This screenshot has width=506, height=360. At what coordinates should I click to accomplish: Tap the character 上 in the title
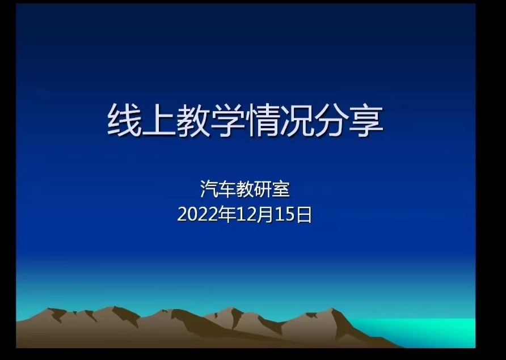[159, 120]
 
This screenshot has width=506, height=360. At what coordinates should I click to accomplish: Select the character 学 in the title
[228, 120]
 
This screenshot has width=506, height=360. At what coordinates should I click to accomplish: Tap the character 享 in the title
[366, 120]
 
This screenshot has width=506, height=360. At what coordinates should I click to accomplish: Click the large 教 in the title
[193, 120]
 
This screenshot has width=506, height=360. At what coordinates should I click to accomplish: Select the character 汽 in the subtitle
[209, 189]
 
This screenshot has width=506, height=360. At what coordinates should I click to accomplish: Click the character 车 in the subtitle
[227, 189]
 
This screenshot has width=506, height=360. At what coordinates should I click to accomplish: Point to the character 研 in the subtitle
[263, 189]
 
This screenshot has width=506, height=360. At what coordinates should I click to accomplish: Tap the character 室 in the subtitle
[281, 189]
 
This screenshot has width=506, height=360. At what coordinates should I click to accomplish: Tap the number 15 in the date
[285, 214]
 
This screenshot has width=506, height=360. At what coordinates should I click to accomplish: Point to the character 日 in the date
[303, 214]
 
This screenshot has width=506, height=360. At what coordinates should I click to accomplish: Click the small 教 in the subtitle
[245, 189]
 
